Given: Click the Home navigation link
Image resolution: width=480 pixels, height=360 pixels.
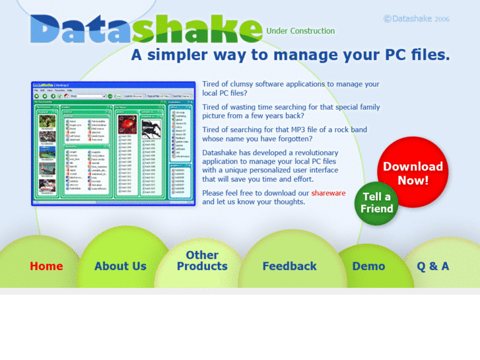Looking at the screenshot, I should [46, 266].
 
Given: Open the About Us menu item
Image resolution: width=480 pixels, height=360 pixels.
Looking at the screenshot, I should [120, 266].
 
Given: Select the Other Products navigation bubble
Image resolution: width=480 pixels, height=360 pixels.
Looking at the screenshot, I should [202, 260].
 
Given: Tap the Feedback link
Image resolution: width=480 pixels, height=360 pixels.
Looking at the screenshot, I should [289, 266].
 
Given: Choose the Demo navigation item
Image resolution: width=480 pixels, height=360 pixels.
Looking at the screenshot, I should [368, 266].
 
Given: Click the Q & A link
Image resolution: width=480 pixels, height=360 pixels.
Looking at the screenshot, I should [432, 266].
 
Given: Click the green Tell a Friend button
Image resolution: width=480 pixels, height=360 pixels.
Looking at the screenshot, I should [377, 203].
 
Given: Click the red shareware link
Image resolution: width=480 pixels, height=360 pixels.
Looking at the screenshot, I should [328, 193].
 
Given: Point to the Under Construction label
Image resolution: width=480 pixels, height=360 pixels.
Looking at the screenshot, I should [300, 30].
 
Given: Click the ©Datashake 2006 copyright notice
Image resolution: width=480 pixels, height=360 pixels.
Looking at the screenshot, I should [416, 18].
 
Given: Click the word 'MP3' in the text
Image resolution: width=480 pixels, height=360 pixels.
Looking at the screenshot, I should [292, 129].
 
